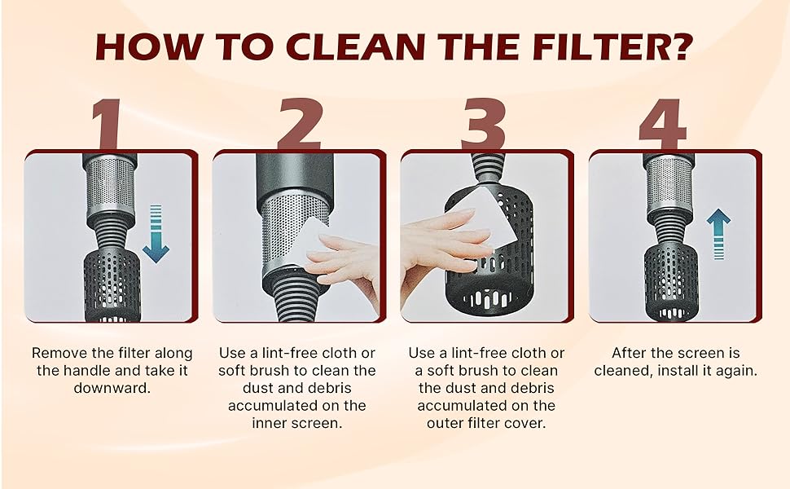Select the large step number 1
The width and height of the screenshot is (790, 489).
(x=107, y=124)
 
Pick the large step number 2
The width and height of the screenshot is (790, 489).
(x=299, y=124)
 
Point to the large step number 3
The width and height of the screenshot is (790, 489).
(x=483, y=124)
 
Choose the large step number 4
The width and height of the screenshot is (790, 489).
(x=662, y=124)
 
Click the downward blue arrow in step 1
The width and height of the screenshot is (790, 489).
(x=156, y=233)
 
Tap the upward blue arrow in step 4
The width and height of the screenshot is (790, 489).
(x=718, y=234)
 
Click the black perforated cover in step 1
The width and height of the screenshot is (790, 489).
(x=111, y=285)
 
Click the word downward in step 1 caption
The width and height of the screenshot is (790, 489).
(x=112, y=388)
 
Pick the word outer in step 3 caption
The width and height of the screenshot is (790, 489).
(x=445, y=423)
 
